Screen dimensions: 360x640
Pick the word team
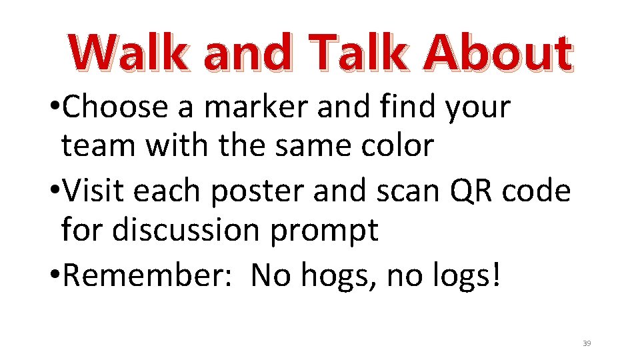pos(98,146)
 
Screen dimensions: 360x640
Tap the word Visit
pos(96,192)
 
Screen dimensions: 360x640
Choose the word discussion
pos(185,231)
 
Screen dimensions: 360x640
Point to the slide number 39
pos(587,343)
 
